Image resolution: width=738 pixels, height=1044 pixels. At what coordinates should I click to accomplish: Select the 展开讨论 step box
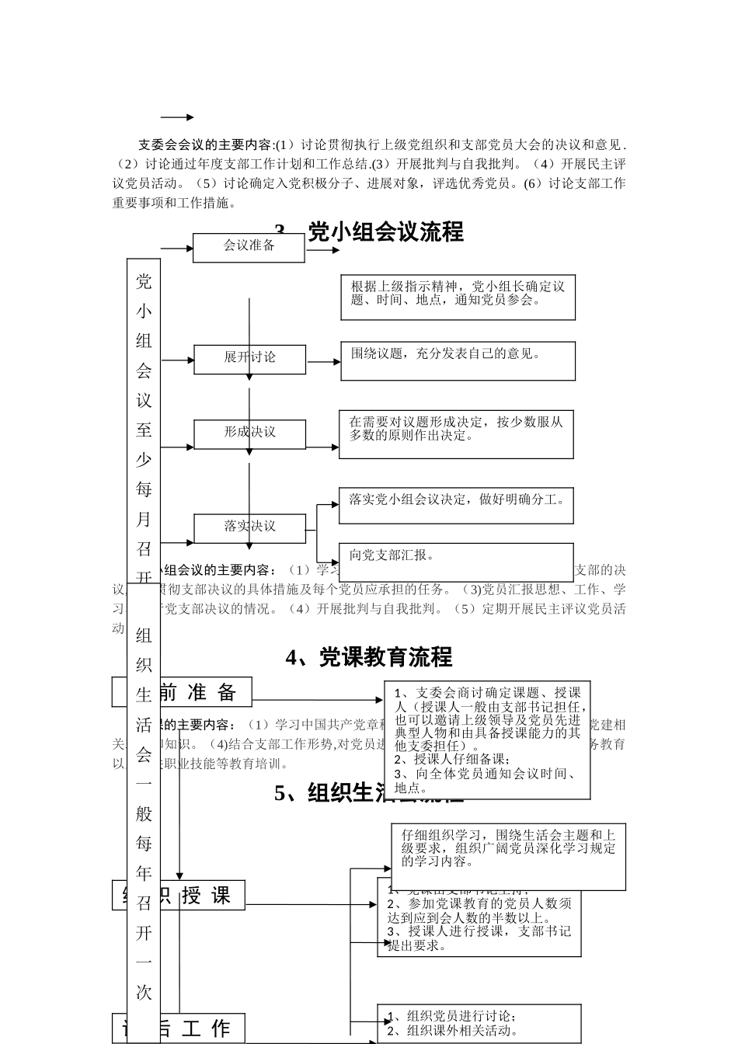(249, 358)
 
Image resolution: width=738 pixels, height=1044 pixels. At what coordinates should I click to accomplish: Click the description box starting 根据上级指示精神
(458, 297)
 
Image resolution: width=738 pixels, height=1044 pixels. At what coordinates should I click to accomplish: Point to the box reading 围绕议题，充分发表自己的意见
(458, 361)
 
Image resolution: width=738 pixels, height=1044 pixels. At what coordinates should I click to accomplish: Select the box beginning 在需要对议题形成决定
(456, 434)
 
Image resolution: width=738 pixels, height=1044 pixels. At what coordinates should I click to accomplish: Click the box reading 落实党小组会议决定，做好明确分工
(456, 506)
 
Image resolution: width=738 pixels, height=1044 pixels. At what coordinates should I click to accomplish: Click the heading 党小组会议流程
(385, 231)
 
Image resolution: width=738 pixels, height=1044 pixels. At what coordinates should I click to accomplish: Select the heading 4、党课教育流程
(369, 657)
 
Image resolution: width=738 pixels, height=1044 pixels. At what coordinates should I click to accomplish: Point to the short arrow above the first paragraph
(178, 117)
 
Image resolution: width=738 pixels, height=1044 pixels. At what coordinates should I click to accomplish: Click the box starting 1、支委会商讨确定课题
(487, 739)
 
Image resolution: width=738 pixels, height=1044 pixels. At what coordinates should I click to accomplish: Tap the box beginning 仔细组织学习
(509, 854)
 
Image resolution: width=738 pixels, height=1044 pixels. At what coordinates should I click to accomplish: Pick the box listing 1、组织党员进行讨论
(479, 1024)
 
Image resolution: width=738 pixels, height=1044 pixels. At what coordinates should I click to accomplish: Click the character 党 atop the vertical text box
(144, 281)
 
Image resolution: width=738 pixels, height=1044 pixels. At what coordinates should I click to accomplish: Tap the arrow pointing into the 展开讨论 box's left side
(178, 360)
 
